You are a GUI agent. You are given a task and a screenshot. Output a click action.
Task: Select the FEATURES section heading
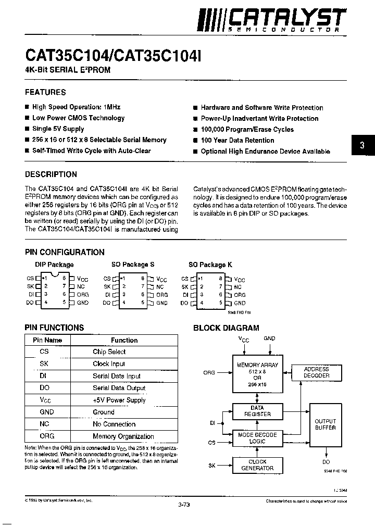45,92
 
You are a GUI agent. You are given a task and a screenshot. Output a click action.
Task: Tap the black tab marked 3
362,146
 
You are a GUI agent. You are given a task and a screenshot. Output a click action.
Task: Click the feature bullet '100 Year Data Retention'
237,140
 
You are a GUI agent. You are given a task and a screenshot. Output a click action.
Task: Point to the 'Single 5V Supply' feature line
58,129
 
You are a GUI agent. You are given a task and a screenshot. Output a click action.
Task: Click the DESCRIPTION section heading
51,174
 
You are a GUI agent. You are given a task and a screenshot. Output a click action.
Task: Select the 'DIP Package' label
53,265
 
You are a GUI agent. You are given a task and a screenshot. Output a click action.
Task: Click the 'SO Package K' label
207,265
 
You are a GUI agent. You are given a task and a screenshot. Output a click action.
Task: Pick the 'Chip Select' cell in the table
109,352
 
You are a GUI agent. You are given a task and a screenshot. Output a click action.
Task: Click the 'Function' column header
124,340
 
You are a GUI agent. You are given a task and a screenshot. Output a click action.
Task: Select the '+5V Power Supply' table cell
119,400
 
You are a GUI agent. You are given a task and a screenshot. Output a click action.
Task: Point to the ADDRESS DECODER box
316,372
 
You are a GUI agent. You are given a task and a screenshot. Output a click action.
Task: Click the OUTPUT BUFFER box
326,424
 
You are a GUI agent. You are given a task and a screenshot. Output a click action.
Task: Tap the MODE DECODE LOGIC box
257,438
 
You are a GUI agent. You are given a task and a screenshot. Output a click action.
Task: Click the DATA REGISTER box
257,411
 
